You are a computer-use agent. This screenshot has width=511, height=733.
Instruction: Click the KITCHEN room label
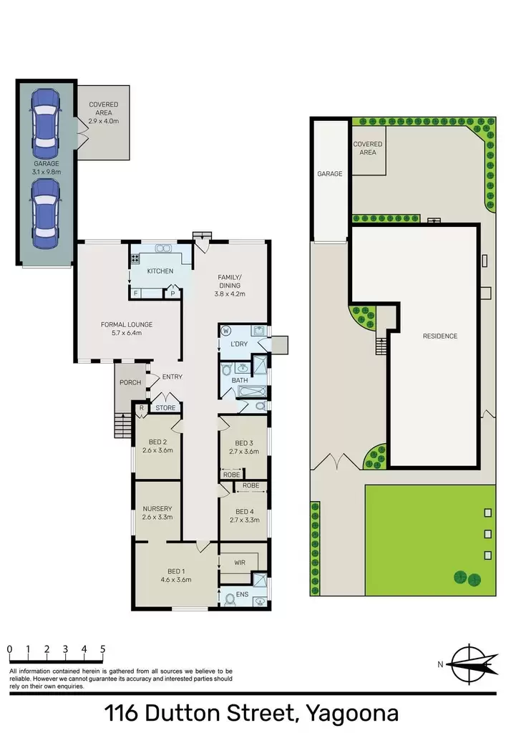coord(160,271)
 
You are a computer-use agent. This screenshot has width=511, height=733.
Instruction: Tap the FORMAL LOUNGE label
coord(127,324)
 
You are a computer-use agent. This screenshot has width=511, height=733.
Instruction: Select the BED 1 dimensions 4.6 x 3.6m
coord(176,580)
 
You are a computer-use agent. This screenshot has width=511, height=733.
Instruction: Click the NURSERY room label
coord(157,509)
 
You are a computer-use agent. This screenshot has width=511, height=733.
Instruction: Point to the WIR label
coord(240,563)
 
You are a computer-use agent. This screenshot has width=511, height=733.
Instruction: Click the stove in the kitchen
coord(135,258)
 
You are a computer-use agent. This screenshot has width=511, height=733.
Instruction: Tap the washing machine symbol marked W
coord(226,331)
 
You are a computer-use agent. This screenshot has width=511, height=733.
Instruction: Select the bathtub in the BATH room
coord(252,392)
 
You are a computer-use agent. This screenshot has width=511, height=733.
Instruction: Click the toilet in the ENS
coord(230,599)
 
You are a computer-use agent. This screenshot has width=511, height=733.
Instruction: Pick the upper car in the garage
coord(45,124)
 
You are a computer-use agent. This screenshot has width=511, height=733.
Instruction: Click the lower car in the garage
coord(45,213)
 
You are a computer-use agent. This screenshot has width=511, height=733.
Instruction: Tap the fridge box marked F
coord(135,293)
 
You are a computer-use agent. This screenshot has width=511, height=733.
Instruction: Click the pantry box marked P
coord(172,293)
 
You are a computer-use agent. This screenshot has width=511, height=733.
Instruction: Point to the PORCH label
coord(130,382)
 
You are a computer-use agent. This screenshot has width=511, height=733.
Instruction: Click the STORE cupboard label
coord(165,407)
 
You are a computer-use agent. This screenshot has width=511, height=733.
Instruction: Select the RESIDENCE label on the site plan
coord(440,336)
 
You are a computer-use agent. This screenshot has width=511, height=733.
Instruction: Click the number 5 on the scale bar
coord(102,649)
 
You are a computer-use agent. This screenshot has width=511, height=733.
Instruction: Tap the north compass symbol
coord(471,664)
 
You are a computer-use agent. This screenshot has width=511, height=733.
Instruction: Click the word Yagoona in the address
coord(352,714)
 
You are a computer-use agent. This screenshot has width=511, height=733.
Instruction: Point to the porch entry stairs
coord(122,425)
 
